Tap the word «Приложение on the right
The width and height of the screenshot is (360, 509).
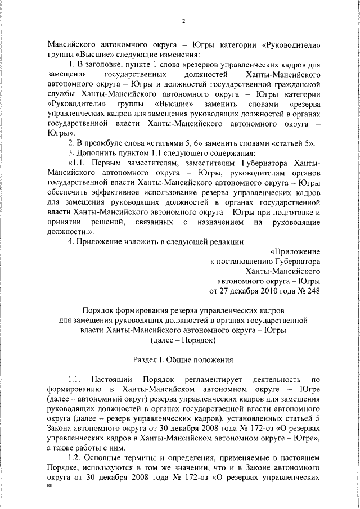(295, 251)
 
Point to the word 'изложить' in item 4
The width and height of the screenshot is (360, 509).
(143, 241)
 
